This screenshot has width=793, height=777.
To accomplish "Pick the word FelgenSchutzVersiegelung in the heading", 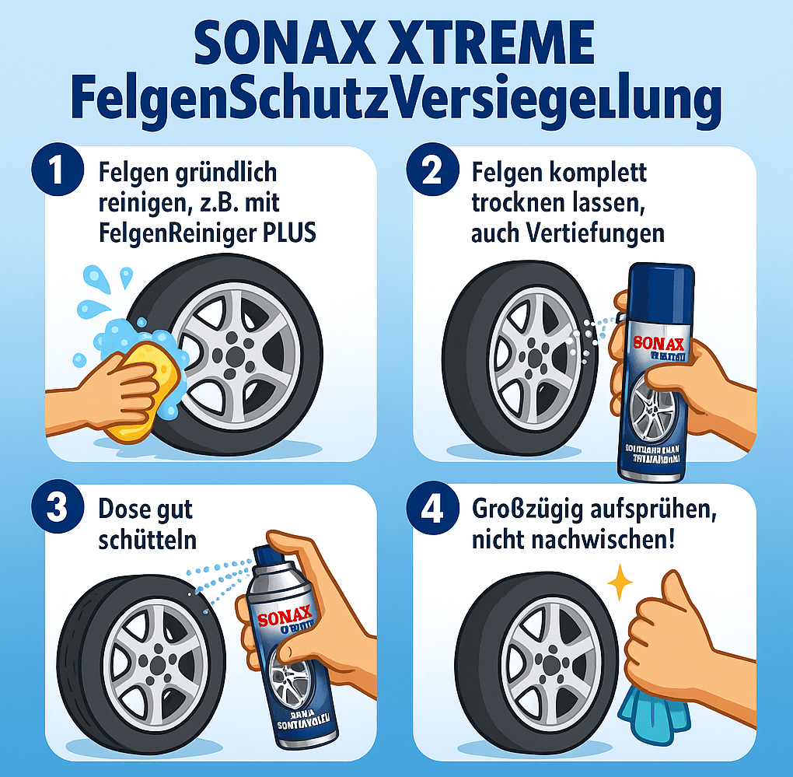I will coord(396,101).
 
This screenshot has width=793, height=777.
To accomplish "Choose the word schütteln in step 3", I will coord(148,541).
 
